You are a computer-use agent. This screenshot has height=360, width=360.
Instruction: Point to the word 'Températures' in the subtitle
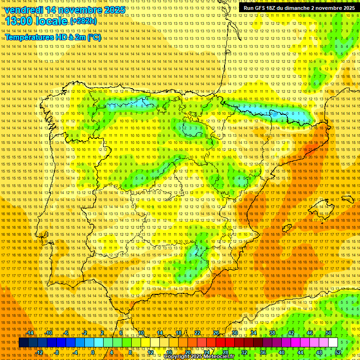coord(29,37)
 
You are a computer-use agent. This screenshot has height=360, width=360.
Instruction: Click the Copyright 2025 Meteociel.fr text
coord(199,357)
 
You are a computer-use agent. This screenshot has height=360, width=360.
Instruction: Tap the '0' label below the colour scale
coord(93,352)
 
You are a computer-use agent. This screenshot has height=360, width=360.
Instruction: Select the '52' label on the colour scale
coord(338,352)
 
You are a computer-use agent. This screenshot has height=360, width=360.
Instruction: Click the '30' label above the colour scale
coord(234,333)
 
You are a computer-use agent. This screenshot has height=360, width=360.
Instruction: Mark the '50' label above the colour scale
coord(329,333)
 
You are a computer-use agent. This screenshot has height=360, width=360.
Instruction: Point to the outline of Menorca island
coord(347,199)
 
